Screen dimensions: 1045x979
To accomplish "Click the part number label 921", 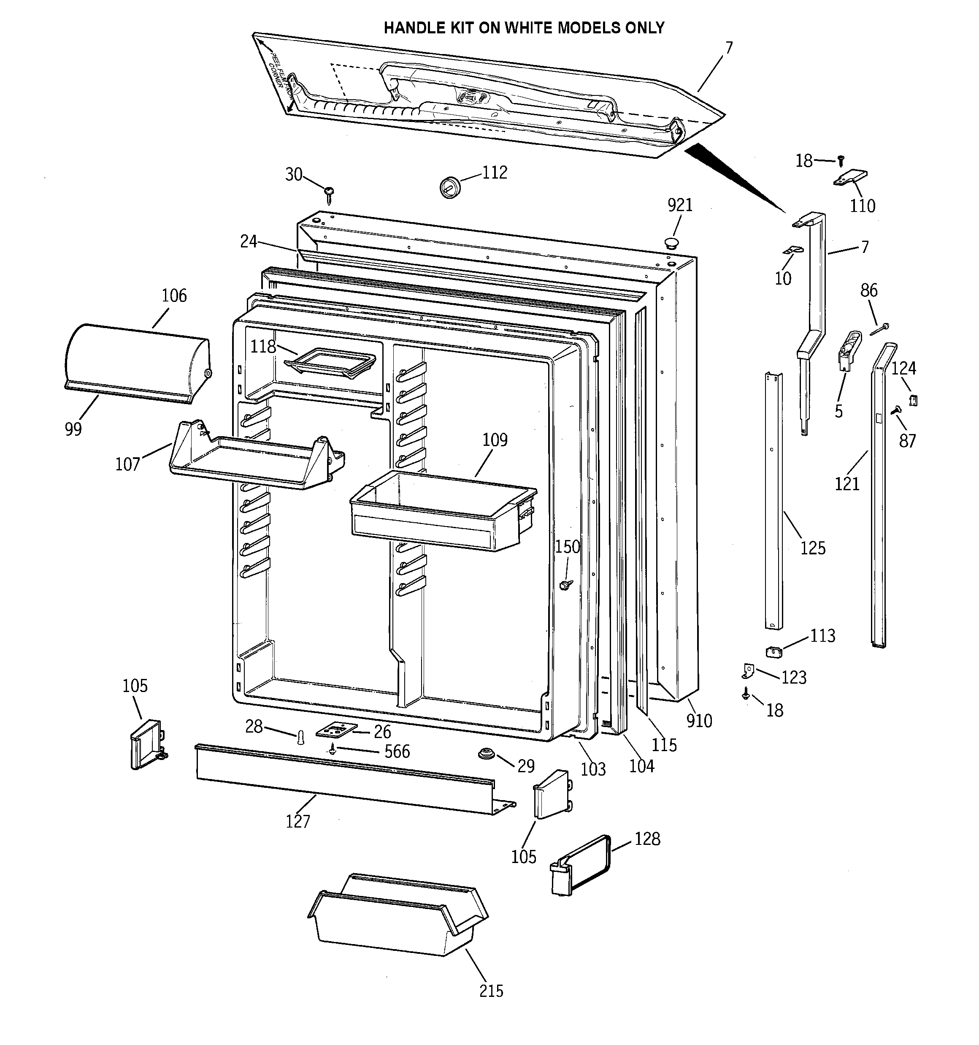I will [x=680, y=205].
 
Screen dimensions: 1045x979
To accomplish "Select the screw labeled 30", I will [x=329, y=193].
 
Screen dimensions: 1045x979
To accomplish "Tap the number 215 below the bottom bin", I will [x=491, y=991].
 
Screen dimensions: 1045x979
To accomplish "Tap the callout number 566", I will [x=397, y=751].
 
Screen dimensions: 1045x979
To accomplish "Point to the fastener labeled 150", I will [x=566, y=584].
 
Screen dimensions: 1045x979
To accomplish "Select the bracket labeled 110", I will [x=850, y=178].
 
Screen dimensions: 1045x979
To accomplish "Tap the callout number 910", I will [x=699, y=721].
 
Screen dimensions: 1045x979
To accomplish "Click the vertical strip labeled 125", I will [x=773, y=499].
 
